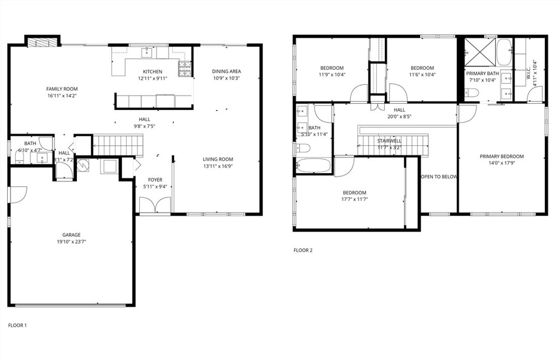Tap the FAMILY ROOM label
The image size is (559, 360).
62,88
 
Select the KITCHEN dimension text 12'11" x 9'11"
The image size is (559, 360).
153,78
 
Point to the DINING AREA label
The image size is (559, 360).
227,71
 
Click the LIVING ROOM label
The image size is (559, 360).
218,160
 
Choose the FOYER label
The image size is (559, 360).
155,180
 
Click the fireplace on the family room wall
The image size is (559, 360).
42,42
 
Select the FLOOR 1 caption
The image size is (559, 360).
17,326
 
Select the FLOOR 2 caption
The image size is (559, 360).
303,251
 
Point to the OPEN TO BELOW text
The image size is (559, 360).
439,177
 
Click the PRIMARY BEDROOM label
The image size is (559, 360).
502,156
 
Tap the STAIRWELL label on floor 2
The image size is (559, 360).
389,140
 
